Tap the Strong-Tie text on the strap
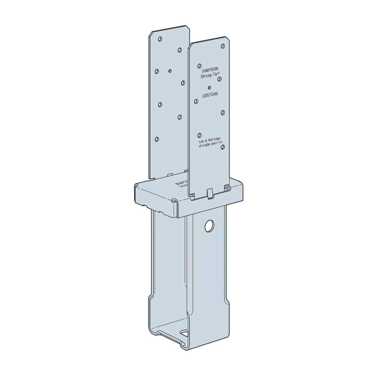(x=210, y=76)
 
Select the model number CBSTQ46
(x=210, y=95)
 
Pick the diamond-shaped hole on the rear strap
(x=170, y=71)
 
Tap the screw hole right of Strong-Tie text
(x=220, y=79)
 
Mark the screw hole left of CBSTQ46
(x=196, y=101)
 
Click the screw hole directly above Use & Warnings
(x=199, y=135)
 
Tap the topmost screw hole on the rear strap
(x=160, y=39)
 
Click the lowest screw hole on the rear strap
(x=157, y=139)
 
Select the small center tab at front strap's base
(x=210, y=193)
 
